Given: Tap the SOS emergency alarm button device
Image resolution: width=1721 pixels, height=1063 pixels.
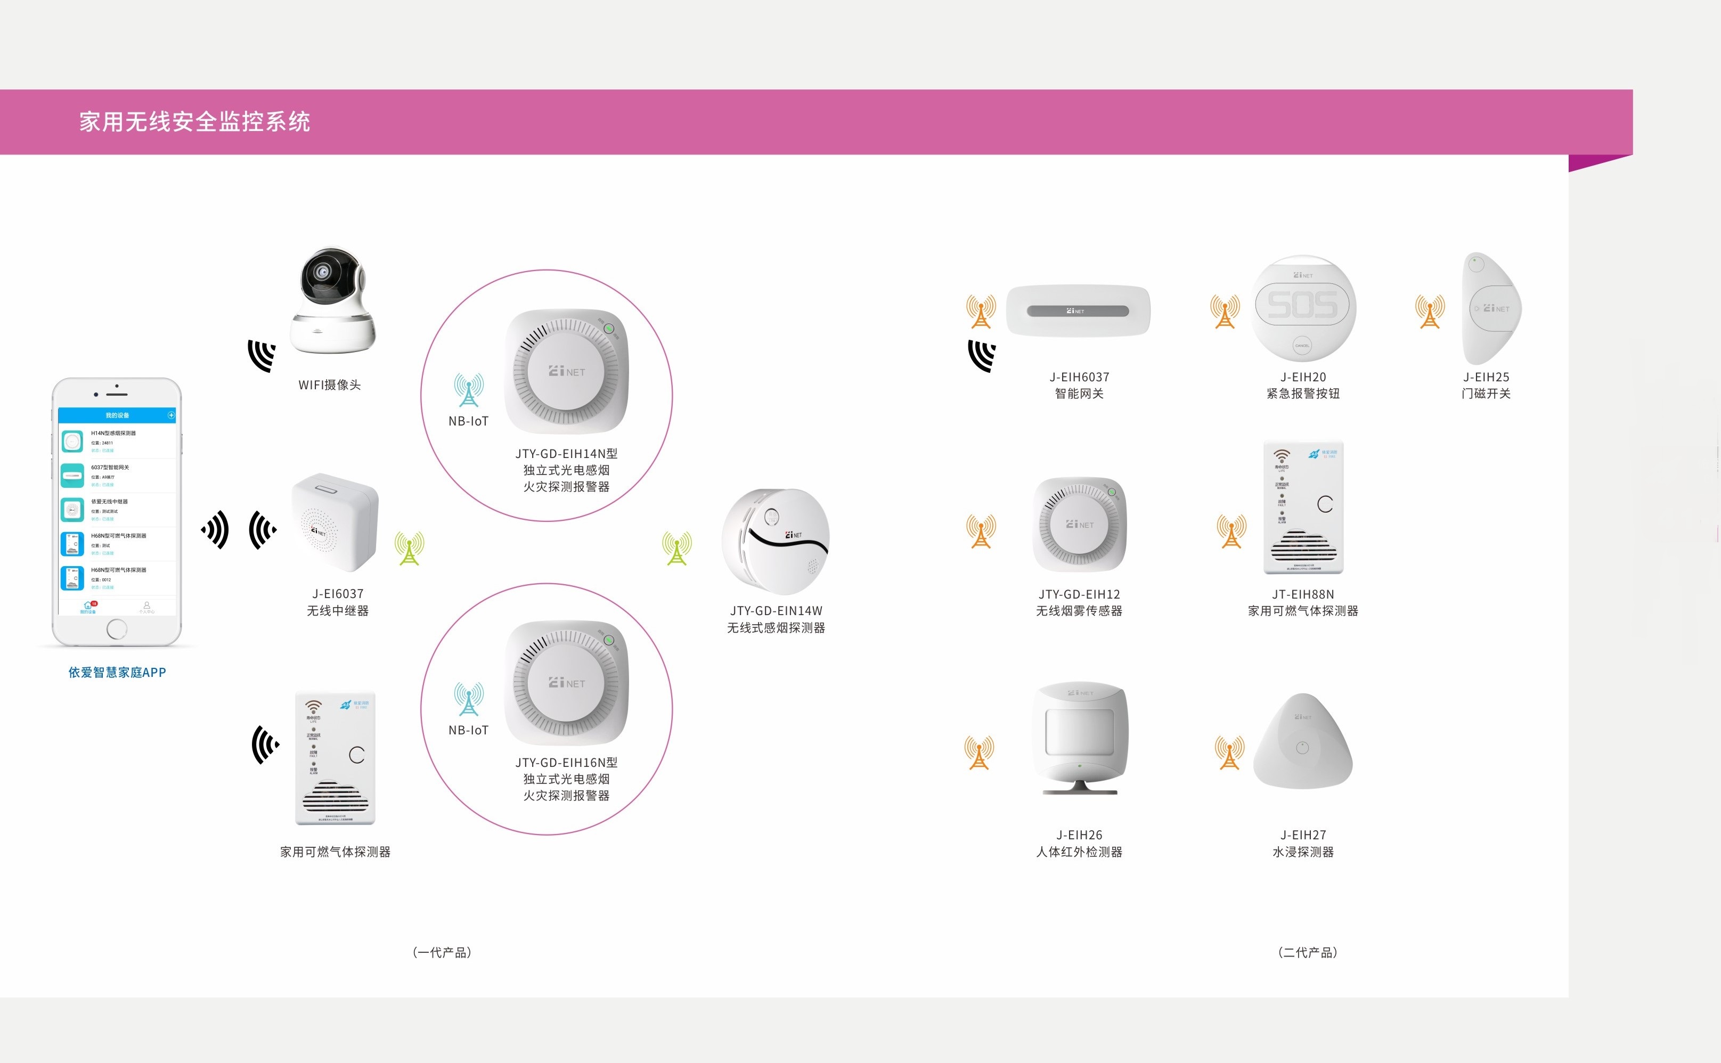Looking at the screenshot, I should tap(1303, 308).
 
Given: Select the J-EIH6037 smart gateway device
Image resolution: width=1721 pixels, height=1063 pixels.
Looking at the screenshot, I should tap(1078, 310).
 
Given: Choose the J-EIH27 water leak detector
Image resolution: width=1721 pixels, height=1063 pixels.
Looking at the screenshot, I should tap(1303, 744).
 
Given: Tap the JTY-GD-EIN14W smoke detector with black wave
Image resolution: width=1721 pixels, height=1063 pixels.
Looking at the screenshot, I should tap(776, 541).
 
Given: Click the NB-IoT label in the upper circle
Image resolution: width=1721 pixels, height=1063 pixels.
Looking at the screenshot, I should tap(468, 421).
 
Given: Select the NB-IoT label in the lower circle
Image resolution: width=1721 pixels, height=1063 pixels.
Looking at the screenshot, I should tap(468, 731).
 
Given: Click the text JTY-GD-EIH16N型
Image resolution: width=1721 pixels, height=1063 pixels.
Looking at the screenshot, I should tap(566, 763).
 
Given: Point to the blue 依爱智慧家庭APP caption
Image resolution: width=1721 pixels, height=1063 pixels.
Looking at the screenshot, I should tap(117, 673).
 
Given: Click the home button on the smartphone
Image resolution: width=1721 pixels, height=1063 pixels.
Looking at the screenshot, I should tap(117, 628).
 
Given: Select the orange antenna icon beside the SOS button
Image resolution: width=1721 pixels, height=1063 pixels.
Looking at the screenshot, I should tap(1225, 312).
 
